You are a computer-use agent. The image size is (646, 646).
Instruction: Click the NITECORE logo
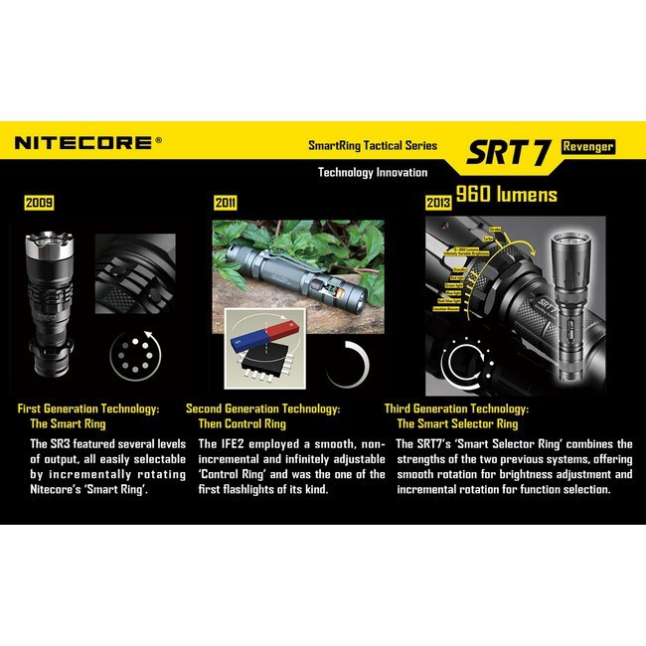click(83, 143)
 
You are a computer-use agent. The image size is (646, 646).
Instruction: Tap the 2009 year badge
click(40, 204)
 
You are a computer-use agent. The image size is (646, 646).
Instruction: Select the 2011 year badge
click(226, 204)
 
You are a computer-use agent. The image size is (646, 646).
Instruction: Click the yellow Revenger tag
click(587, 146)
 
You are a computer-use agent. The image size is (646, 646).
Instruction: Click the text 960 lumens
click(507, 194)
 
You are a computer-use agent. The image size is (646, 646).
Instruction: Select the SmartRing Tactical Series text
click(372, 146)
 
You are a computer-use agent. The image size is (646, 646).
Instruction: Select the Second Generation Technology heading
click(263, 408)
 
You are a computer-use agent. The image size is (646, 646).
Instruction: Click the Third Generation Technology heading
click(456, 408)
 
